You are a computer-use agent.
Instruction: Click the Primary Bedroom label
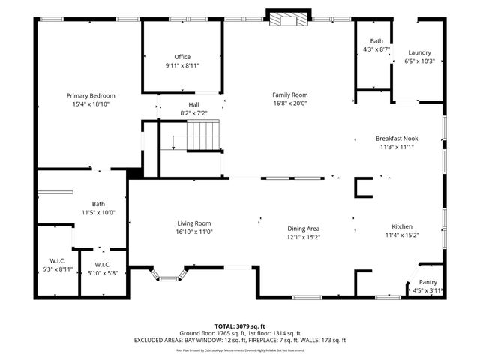click(x=91, y=95)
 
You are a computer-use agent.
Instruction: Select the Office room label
click(x=182, y=57)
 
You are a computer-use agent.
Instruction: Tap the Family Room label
click(x=289, y=94)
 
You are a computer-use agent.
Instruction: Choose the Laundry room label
click(x=419, y=52)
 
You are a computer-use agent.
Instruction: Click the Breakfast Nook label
click(x=397, y=138)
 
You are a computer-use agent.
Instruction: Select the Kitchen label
click(x=401, y=226)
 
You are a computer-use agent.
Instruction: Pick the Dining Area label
click(x=304, y=229)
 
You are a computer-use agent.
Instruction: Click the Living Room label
click(x=194, y=223)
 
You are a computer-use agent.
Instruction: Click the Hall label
click(x=193, y=104)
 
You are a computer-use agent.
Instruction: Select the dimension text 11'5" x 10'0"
click(x=98, y=212)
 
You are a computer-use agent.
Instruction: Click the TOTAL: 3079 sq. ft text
click(x=240, y=325)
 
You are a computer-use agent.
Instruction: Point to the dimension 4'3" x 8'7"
click(x=376, y=49)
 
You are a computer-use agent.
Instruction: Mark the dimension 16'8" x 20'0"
click(x=289, y=103)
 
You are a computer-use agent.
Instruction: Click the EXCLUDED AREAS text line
click(x=240, y=340)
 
